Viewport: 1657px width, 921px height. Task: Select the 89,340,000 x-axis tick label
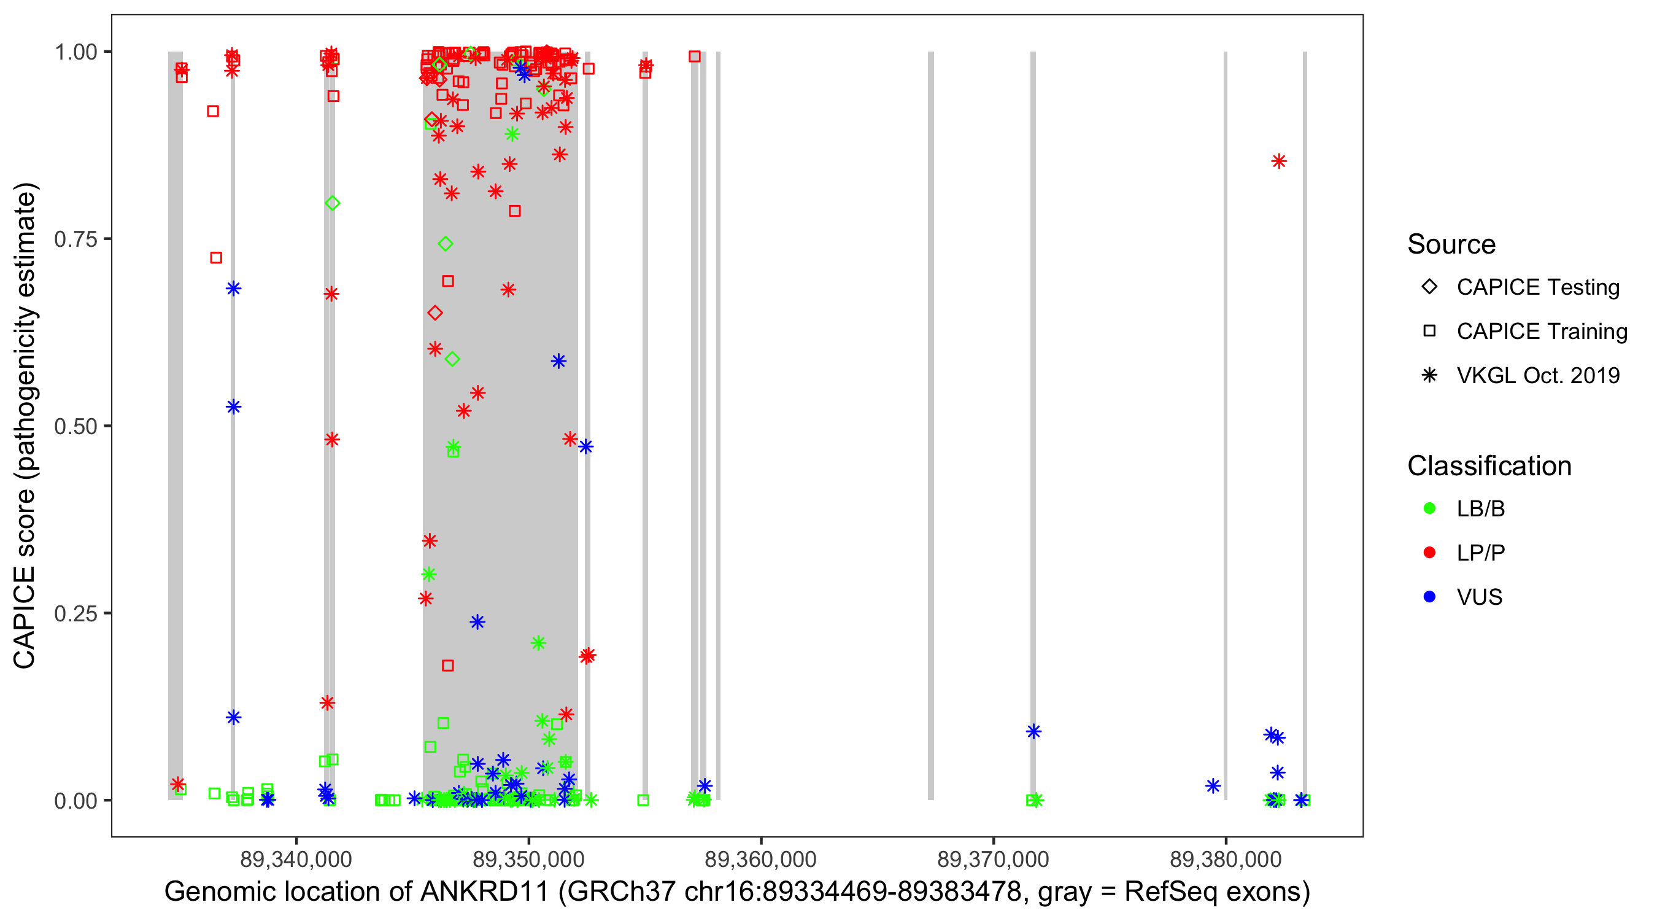(x=296, y=859)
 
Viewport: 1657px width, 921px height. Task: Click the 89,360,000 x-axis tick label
(x=761, y=859)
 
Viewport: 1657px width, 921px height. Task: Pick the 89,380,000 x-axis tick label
(x=1226, y=859)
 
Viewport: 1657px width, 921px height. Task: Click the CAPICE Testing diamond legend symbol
(x=1429, y=287)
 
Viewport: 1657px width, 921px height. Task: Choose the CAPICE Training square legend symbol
(x=1429, y=332)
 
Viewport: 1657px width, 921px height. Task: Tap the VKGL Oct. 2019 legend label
(x=1538, y=376)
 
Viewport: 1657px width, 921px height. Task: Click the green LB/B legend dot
(x=1429, y=509)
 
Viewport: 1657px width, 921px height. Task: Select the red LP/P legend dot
(x=1429, y=553)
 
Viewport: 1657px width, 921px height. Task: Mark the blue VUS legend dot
(x=1429, y=597)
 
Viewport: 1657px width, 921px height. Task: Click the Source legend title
(x=1451, y=244)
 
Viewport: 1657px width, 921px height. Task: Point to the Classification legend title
(x=1489, y=466)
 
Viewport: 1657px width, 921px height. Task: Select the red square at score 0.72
(x=216, y=258)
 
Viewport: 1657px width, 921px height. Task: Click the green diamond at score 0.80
(x=333, y=203)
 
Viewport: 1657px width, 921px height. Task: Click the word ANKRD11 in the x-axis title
(x=484, y=892)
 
